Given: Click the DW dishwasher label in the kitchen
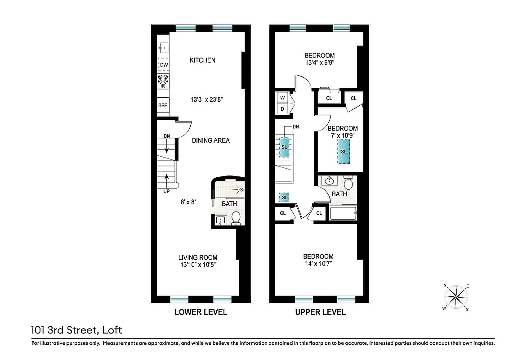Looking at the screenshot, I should (x=164, y=65).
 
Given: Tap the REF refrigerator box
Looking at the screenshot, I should (x=163, y=105).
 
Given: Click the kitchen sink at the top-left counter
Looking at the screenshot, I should (x=163, y=46).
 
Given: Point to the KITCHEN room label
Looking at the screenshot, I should (x=202, y=60).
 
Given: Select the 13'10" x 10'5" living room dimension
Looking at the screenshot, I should (x=199, y=265).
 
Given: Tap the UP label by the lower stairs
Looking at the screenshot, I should (x=167, y=191).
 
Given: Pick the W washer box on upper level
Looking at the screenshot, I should (x=282, y=98).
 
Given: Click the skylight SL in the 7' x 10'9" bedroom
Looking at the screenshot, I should (x=344, y=152).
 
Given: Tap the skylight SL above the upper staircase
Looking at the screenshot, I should (x=284, y=147).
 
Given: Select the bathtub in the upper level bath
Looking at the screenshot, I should (x=344, y=213).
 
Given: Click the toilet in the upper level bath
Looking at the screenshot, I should (x=348, y=183).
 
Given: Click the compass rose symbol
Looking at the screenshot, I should (x=456, y=297).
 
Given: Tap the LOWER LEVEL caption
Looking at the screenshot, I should (x=201, y=312).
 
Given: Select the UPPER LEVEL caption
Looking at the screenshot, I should (x=320, y=312).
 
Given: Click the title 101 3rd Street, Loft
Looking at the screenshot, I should (x=76, y=330).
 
